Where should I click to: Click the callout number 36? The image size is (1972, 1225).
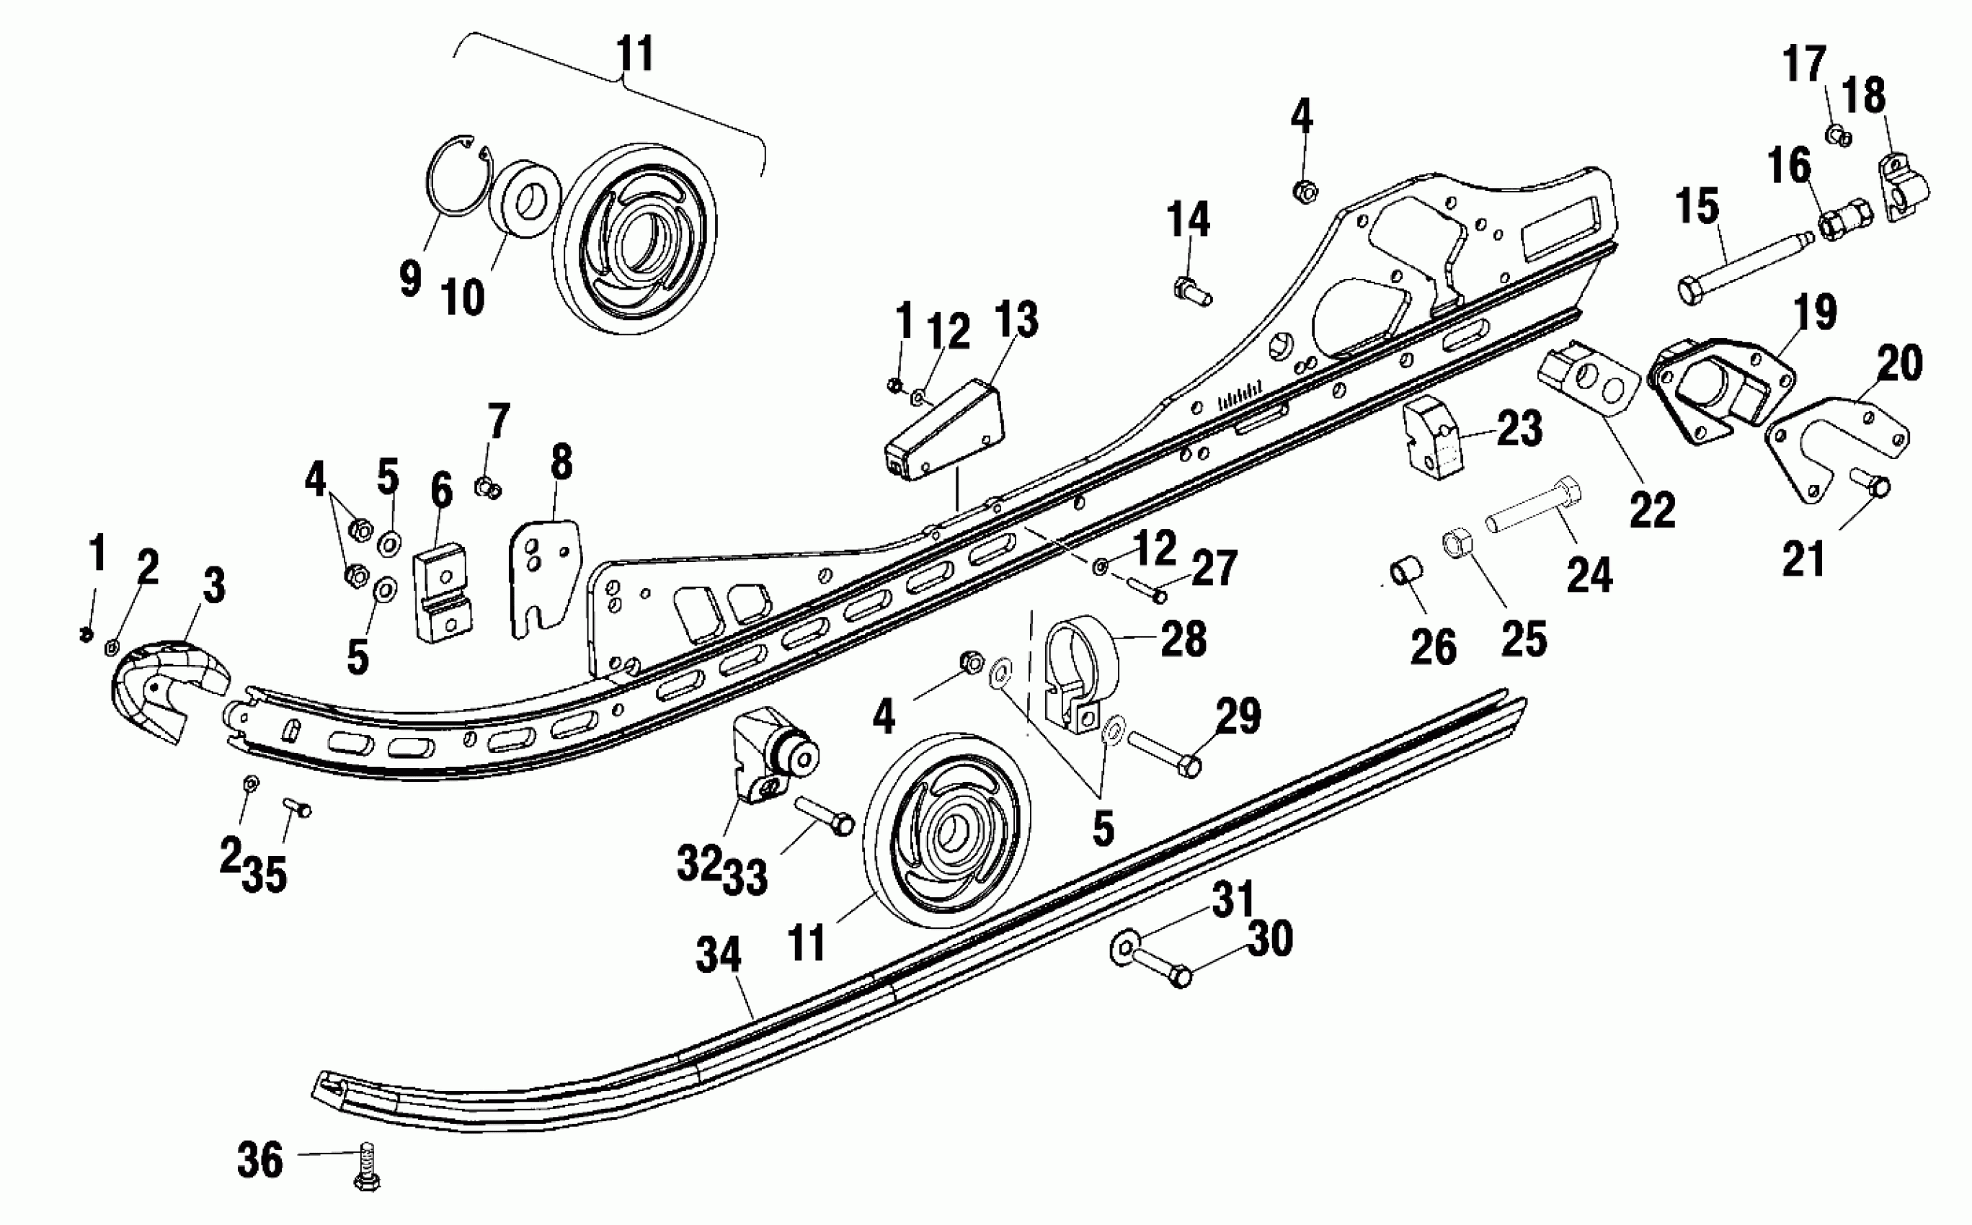(x=259, y=1159)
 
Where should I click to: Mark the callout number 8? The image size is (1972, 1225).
(x=560, y=463)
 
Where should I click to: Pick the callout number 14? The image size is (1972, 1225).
(x=1188, y=220)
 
